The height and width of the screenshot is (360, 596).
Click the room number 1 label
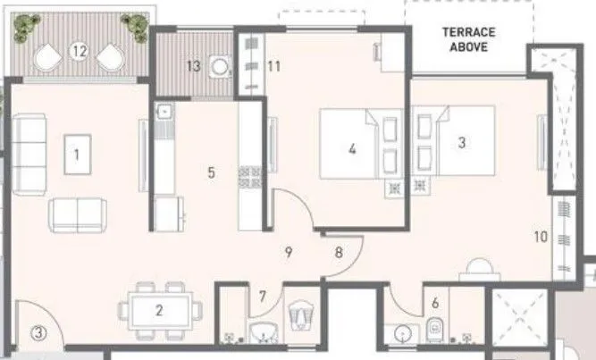tap(78, 154)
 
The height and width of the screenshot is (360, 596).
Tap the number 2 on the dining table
tap(159, 311)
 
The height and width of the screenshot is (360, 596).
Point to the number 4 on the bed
tap(353, 149)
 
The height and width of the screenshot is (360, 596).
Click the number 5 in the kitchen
tap(211, 172)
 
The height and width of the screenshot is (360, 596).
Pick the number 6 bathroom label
tap(435, 304)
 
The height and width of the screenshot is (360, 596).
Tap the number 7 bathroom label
tap(263, 296)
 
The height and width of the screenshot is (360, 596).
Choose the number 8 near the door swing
tap(339, 252)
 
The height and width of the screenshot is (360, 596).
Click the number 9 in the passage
tap(288, 252)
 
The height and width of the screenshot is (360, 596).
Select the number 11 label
tap(273, 65)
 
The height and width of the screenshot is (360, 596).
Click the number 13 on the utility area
tap(193, 65)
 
